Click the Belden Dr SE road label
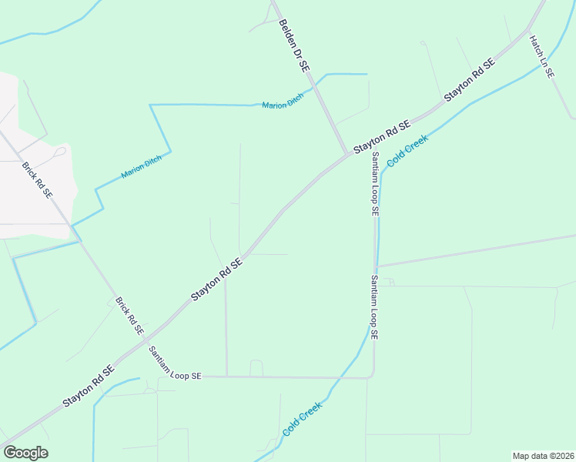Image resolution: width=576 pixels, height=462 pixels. tap(294, 46)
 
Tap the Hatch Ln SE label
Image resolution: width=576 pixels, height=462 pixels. tap(542, 57)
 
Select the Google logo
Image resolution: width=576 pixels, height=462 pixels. tap(25, 453)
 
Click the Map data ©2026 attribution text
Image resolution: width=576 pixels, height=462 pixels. tap(543, 456)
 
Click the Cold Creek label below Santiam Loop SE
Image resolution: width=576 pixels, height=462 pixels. tap(302, 419)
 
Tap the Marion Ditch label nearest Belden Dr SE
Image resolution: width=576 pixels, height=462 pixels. tap(283, 101)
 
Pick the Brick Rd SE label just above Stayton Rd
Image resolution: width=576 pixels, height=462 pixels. tap(129, 316)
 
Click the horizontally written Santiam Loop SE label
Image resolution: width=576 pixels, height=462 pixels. tap(175, 363)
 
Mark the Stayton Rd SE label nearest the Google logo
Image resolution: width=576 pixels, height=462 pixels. tap(89, 385)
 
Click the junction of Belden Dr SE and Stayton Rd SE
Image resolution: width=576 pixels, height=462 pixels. tap(348, 152)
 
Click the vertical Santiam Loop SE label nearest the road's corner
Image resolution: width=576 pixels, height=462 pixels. tap(374, 307)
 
